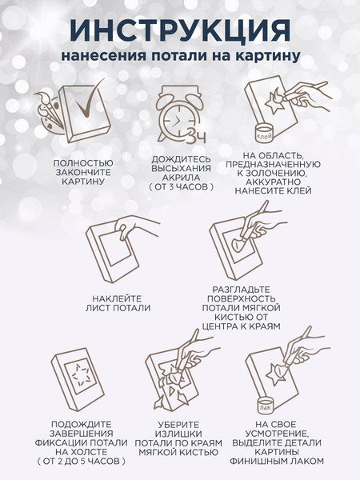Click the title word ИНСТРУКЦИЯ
point(180,30)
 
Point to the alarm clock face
point(177,120)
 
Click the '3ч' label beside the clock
point(196,136)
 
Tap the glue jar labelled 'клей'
point(264,133)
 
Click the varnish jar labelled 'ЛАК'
point(265,405)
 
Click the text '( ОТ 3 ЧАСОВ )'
point(182,186)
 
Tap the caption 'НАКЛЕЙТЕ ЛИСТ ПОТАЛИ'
point(118,303)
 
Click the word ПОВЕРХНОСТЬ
point(241,298)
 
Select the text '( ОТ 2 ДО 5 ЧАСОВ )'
point(81,461)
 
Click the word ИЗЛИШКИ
point(178,434)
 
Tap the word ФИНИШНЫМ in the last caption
point(257,461)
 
